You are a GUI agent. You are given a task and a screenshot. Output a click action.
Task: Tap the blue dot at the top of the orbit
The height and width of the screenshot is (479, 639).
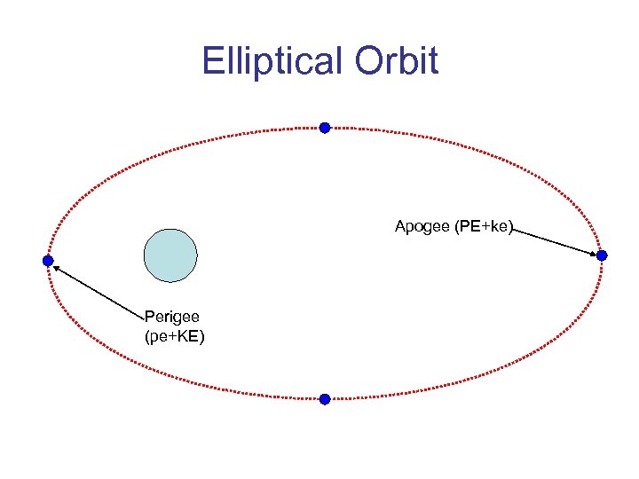(x=325, y=128)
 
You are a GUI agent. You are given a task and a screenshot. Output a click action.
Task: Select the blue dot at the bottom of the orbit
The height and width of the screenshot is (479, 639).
(x=325, y=399)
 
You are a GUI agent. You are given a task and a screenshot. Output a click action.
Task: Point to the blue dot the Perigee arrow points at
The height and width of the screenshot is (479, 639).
(x=48, y=261)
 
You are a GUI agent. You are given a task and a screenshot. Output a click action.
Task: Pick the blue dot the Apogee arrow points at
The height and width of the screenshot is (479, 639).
(x=602, y=255)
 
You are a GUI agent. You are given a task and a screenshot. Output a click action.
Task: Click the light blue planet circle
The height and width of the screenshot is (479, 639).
(x=170, y=255)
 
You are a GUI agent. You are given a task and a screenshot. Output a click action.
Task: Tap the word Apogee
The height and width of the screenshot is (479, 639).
(x=422, y=227)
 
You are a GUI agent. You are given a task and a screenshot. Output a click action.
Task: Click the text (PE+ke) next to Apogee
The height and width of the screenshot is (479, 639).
(x=485, y=227)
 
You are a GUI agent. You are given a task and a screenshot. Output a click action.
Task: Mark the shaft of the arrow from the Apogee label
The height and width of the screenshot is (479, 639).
(x=555, y=241)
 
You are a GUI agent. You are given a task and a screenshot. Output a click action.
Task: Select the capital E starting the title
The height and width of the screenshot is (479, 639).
(x=211, y=61)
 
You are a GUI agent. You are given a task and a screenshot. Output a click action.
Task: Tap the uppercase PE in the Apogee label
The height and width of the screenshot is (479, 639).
(x=468, y=227)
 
